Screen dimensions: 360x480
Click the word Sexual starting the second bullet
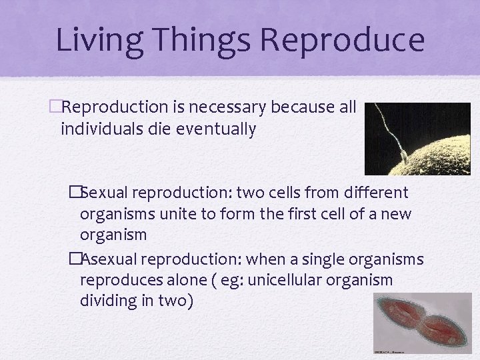tap(105, 193)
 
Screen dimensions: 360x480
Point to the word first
tap(309, 215)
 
